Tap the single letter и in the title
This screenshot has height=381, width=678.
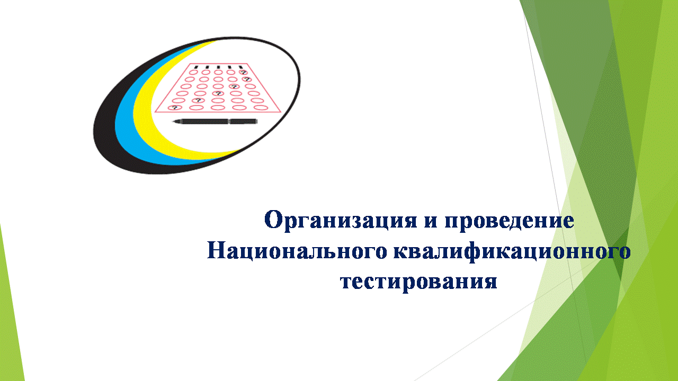[x=431, y=221]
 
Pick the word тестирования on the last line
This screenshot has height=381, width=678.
[x=418, y=282]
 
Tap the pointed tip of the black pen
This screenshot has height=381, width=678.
[x=173, y=122]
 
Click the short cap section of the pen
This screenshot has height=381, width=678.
[x=243, y=122]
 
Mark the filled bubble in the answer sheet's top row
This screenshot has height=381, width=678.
[x=243, y=72]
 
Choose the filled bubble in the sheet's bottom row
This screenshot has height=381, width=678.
[x=175, y=107]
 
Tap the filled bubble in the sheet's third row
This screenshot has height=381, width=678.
[x=234, y=86]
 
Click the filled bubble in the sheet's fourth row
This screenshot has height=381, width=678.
[x=218, y=94]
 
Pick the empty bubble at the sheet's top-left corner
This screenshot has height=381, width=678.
[x=193, y=72]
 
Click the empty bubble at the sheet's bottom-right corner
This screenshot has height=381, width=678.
[x=261, y=107]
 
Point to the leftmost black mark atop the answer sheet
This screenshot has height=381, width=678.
[x=196, y=67]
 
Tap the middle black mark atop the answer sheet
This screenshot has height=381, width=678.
[x=218, y=67]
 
